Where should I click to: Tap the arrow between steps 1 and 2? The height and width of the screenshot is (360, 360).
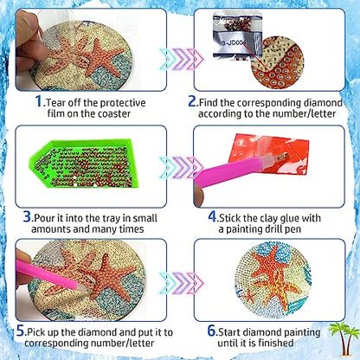179,59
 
